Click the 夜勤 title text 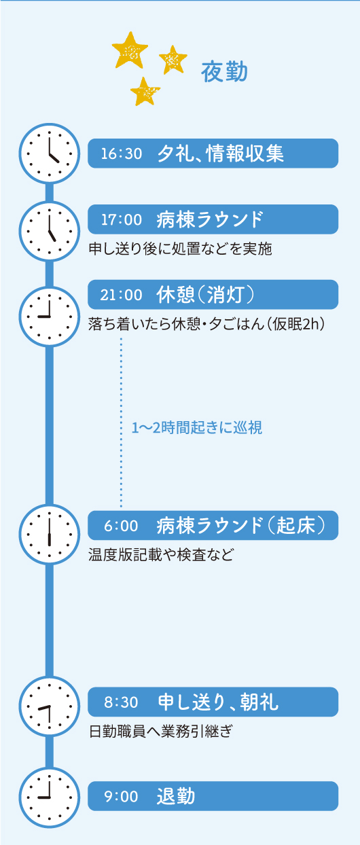[x=224, y=72]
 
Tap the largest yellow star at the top [x=130, y=50]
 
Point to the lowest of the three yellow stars [x=145, y=91]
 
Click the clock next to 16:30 [x=50, y=154]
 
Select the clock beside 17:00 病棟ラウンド [x=50, y=231]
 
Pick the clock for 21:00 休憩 [x=50, y=316]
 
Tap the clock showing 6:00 [x=50, y=534]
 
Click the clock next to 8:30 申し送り [x=50, y=706]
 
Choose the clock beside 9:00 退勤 [x=50, y=797]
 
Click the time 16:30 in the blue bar [x=121, y=154]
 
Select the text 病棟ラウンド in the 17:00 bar [x=210, y=219]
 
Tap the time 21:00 [x=121, y=295]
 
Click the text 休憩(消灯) [x=206, y=295]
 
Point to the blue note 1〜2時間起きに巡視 [x=196, y=427]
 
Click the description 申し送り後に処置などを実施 [x=181, y=249]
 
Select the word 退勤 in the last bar [x=176, y=796]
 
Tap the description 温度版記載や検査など [x=161, y=554]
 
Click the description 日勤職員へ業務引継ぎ [x=161, y=731]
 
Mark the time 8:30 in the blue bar [x=121, y=702]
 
